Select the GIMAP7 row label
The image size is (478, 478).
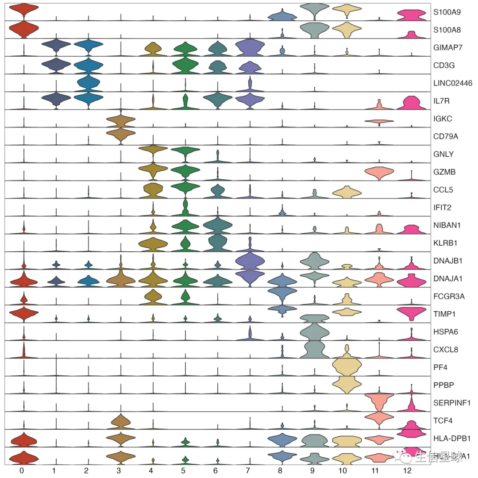coord(445,48)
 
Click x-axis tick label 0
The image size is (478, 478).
coord(21,470)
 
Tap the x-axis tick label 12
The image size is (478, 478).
coord(412,470)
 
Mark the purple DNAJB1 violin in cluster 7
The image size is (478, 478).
coord(250,260)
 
